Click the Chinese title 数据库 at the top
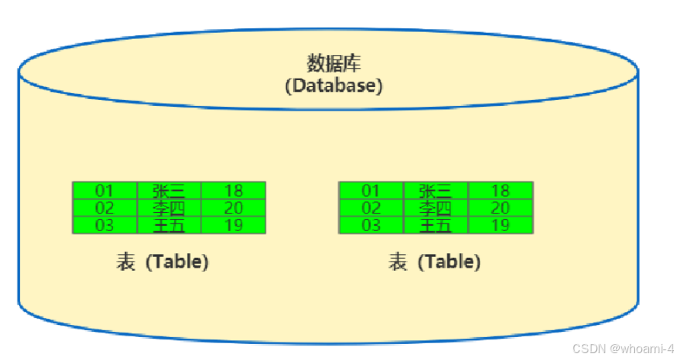[x=334, y=63]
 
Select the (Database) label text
[x=334, y=85]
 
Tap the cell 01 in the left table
[x=105, y=191]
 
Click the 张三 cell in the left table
[x=169, y=191]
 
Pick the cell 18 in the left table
[x=233, y=191]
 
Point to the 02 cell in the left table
[x=105, y=207]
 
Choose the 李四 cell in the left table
[x=169, y=207]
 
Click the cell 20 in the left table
[x=233, y=207]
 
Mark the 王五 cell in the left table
[x=169, y=225]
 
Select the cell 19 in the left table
[x=233, y=225]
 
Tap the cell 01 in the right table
[x=371, y=191]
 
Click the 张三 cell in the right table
[x=435, y=191]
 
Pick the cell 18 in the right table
[x=500, y=191]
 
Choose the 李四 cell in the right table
[x=435, y=207]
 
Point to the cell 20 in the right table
[x=500, y=207]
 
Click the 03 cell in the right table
[x=371, y=225]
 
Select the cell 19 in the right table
[x=500, y=225]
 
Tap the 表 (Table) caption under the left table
[x=162, y=262]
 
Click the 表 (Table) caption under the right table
[x=434, y=262]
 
